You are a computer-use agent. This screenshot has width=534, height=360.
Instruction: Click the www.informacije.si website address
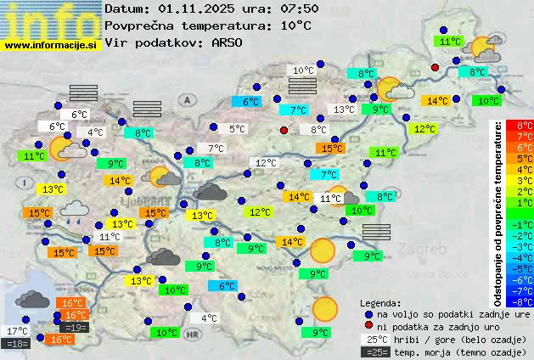pos(52,45)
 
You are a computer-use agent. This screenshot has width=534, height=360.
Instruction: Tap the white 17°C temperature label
pos(17,331)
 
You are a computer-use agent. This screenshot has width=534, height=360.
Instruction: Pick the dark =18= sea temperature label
pos(17,344)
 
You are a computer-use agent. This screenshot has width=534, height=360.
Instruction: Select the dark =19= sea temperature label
pos(74,328)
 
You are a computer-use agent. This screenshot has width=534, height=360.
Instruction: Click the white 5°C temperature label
pos(238,129)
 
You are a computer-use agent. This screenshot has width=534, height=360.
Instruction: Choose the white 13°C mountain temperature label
pos(344,110)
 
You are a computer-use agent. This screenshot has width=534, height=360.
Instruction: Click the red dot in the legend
pos(368,326)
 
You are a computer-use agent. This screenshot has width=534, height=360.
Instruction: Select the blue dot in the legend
pos(368,313)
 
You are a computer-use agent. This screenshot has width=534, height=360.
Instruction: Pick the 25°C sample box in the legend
pos(379,339)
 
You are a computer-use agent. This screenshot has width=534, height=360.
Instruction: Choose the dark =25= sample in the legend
pos(379,352)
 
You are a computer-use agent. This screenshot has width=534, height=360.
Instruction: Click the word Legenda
pos(381,302)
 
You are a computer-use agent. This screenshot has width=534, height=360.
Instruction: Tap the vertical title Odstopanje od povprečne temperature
pos(498,212)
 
